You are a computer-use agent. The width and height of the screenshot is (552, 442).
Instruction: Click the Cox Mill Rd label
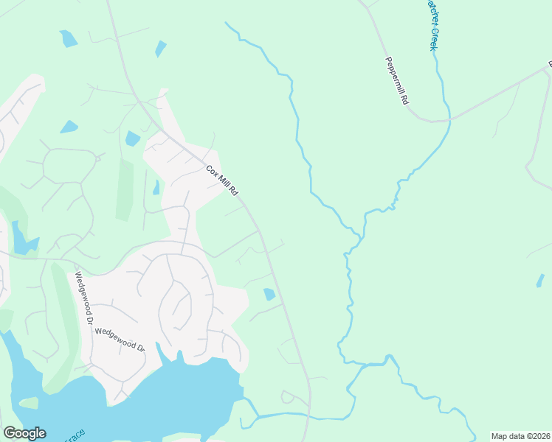click(222, 180)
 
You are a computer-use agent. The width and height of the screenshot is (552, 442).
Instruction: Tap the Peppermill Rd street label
click(396, 81)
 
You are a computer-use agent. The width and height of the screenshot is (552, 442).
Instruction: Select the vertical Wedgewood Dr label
click(83, 299)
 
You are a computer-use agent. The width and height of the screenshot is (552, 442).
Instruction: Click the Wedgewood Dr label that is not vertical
click(120, 340)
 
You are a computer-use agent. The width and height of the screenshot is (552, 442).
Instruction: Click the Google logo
click(24, 433)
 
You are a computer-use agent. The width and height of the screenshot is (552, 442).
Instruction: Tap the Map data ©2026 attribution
click(520, 436)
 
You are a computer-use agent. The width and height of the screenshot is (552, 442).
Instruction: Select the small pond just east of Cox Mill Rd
click(269, 295)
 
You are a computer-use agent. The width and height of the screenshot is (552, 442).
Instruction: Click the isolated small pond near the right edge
click(540, 281)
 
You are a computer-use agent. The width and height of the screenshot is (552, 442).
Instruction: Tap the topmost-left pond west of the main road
click(68, 38)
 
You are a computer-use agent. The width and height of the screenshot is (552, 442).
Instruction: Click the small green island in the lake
click(28, 403)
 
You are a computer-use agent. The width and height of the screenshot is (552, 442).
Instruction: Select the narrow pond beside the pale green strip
click(156, 188)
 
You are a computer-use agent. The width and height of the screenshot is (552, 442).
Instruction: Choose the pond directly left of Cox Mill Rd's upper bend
click(133, 138)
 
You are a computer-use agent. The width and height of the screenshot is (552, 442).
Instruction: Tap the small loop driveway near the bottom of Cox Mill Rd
click(288, 398)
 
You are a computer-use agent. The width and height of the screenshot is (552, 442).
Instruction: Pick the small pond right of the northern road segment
click(160, 49)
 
